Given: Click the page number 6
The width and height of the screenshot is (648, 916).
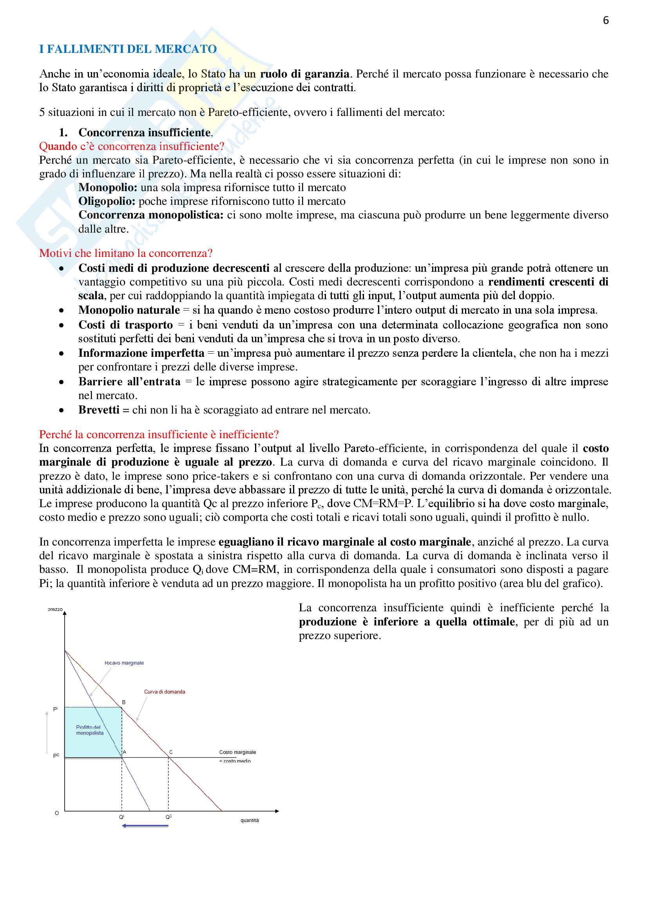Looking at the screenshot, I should [606, 20].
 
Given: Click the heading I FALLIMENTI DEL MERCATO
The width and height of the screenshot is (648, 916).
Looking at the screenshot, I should [128, 49].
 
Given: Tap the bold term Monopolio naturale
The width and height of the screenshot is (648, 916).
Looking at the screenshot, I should [129, 310].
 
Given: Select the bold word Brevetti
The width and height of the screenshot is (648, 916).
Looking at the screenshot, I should [99, 410].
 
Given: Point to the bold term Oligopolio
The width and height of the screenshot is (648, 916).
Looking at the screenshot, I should [107, 201].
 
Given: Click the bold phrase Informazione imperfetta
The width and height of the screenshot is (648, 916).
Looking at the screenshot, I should [141, 353].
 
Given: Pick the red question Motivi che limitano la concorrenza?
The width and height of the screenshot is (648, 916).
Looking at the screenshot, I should [126, 253].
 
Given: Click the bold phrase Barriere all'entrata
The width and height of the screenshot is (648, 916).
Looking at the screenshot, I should [129, 382].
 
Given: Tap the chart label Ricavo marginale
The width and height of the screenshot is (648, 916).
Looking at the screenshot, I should [124, 663].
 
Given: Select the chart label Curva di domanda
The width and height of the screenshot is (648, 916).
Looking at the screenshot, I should [165, 692].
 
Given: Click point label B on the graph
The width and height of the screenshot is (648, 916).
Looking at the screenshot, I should [124, 702].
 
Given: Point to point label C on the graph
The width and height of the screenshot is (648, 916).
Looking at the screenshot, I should [171, 752].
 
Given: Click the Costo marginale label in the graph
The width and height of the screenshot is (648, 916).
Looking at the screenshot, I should [237, 752].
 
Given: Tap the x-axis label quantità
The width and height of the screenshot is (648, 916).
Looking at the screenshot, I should [250, 820].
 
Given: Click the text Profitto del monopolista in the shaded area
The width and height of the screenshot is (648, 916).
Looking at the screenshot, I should [89, 730].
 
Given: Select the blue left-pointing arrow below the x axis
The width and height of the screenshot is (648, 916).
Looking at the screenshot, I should [145, 826].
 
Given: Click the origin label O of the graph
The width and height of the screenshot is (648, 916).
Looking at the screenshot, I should [57, 813].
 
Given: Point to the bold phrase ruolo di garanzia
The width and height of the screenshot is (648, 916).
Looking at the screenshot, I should [304, 74].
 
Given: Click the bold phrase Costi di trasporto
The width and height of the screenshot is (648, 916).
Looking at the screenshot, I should [125, 325].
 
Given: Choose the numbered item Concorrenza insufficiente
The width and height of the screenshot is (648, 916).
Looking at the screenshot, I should [145, 132].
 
